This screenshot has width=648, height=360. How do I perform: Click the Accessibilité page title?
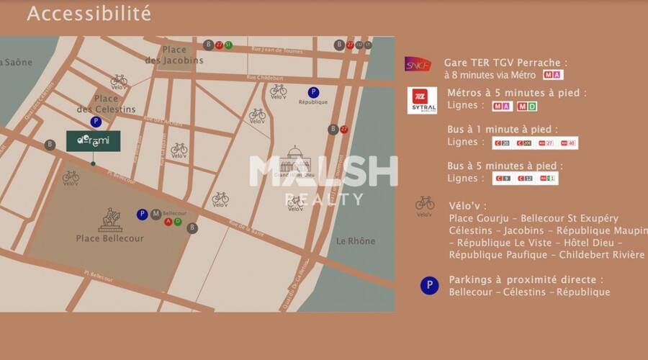(89, 14)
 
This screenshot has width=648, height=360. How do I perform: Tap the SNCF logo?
(418, 64)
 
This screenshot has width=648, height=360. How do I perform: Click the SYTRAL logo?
(422, 100)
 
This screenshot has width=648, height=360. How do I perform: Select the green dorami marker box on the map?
(94, 141)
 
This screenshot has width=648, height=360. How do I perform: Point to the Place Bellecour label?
(109, 238)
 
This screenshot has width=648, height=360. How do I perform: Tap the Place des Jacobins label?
(174, 55)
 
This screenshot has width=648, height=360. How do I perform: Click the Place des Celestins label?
(106, 104)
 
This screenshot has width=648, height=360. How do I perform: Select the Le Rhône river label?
(356, 241)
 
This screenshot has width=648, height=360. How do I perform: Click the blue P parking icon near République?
(313, 92)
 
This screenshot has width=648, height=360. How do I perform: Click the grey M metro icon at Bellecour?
(156, 214)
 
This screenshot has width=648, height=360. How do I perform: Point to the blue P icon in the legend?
(429, 286)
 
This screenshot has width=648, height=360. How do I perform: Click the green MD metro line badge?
(527, 107)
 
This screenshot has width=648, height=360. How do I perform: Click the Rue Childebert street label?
(261, 77)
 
